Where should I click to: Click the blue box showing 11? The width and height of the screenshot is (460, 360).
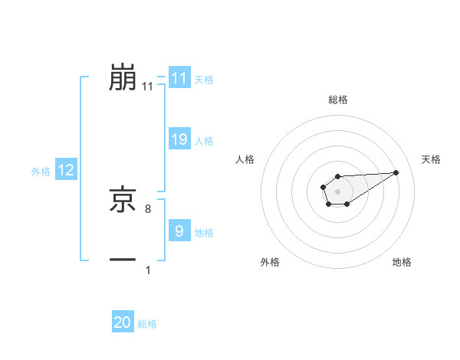point(179,78)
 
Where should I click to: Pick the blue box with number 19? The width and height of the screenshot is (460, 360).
point(179,139)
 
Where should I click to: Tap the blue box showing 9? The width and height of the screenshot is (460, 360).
point(179,231)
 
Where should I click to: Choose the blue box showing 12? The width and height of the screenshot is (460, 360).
point(66,171)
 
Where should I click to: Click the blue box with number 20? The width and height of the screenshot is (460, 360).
point(123,322)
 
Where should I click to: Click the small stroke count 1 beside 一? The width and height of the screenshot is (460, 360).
point(148,270)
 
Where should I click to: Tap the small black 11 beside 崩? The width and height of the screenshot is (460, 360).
point(148,87)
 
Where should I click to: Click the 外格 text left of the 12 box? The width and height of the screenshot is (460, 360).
point(41,172)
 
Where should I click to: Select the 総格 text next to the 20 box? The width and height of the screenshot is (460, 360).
point(147,324)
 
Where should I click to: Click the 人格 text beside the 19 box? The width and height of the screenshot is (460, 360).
point(204,141)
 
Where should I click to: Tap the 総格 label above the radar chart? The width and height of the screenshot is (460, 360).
point(338,100)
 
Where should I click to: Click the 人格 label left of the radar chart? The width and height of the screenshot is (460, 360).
point(245,159)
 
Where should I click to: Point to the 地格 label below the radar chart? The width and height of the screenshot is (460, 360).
point(402,263)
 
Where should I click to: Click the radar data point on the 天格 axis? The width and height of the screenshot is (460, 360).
point(396,172)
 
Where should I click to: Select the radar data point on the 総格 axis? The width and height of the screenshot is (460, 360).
point(338,177)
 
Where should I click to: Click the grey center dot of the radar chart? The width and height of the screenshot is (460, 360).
point(338,191)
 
